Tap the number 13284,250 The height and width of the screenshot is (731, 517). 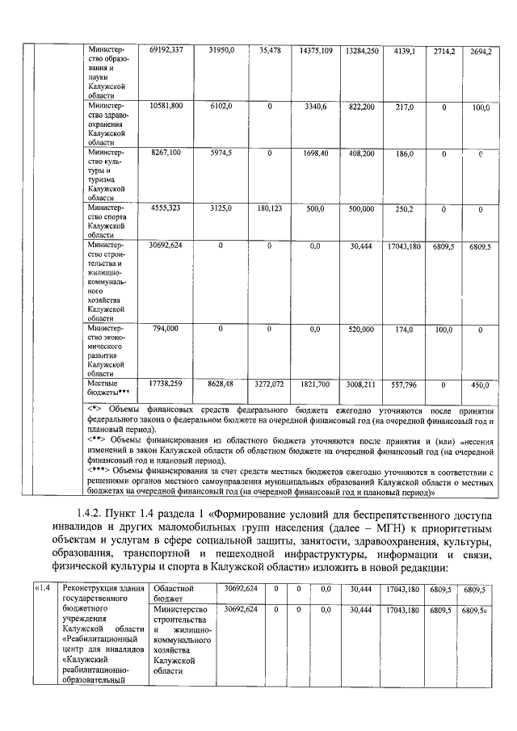(x=361, y=50)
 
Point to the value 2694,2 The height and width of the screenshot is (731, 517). (x=481, y=51)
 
